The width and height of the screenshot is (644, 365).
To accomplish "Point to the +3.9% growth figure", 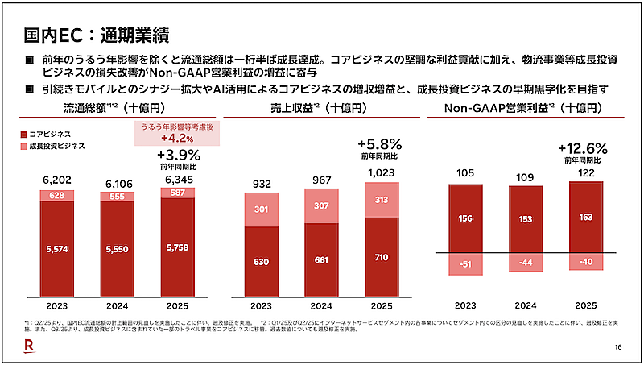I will pyautogui.click(x=177, y=156).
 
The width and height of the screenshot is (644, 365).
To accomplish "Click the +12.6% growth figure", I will pyautogui.click(x=583, y=148).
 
